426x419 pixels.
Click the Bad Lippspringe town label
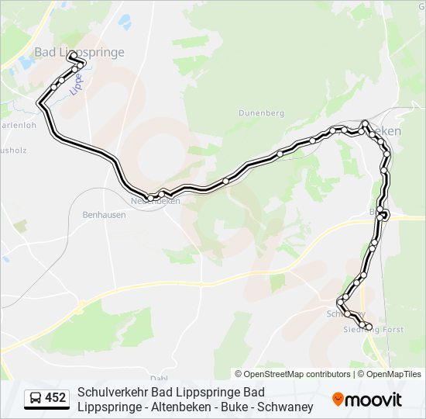pos(79,52)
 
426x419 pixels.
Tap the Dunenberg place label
pos(261,113)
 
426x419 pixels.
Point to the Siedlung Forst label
pos(373,330)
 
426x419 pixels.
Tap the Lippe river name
pos(76,84)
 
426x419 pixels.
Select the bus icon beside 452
pos(36,398)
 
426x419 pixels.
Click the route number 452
pos(56,398)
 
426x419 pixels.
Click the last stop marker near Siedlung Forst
pos(369,327)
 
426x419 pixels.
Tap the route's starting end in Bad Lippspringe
pos(70,56)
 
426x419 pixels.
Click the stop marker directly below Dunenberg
pos(280,154)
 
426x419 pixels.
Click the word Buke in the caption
pos(233,407)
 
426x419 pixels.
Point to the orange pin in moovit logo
pos(338,400)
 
